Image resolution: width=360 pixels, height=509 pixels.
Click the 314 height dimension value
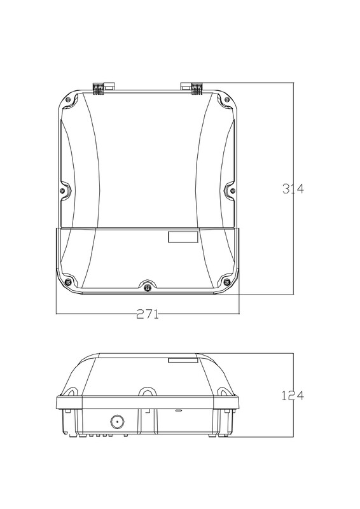(293, 188)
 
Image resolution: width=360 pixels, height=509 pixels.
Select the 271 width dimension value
(148, 314)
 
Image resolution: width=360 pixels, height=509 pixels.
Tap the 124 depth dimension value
(293, 396)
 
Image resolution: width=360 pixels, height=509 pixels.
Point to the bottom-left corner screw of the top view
(67, 281)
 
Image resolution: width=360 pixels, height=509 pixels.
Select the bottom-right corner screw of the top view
(227, 281)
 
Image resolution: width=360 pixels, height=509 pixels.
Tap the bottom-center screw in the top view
(148, 287)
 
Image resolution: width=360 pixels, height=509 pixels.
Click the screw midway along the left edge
(62, 190)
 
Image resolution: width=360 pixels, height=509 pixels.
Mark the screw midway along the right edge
(232, 190)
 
